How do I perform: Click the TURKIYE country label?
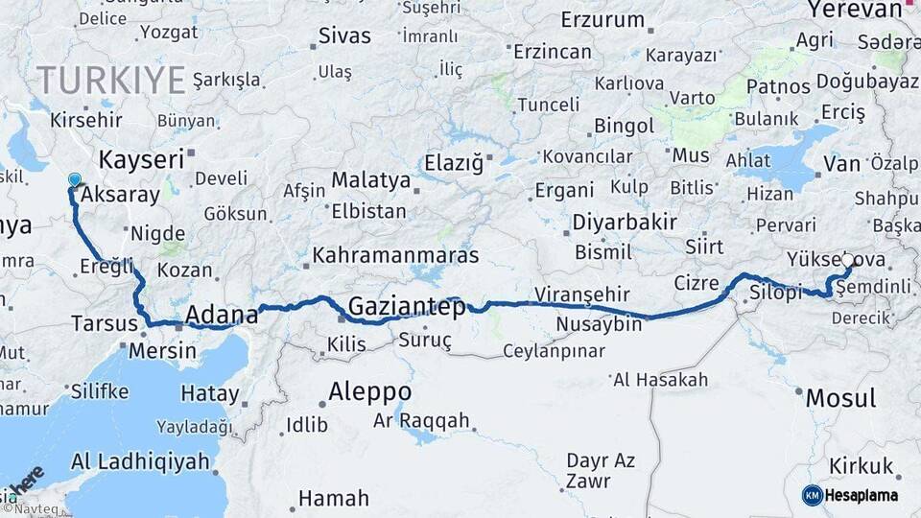click(111, 80)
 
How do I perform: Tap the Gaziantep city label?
click(407, 307)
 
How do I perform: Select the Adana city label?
click(222, 314)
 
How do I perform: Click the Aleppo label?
click(369, 392)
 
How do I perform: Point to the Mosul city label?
click(840, 398)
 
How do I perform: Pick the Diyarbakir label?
click(625, 223)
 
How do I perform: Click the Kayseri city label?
click(141, 159)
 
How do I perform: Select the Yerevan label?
click(855, 11)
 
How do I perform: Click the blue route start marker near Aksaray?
click(75, 179)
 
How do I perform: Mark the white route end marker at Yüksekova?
click(847, 259)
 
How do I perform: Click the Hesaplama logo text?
click(862, 495)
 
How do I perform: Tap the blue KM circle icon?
click(812, 495)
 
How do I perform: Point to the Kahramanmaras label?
click(396, 257)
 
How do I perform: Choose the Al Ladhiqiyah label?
click(140, 461)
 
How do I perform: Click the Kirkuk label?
click(862, 466)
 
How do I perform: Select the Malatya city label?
click(370, 180)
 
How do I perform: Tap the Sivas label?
click(344, 36)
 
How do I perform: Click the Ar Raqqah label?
click(421, 421)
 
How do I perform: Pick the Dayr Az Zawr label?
click(601, 470)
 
